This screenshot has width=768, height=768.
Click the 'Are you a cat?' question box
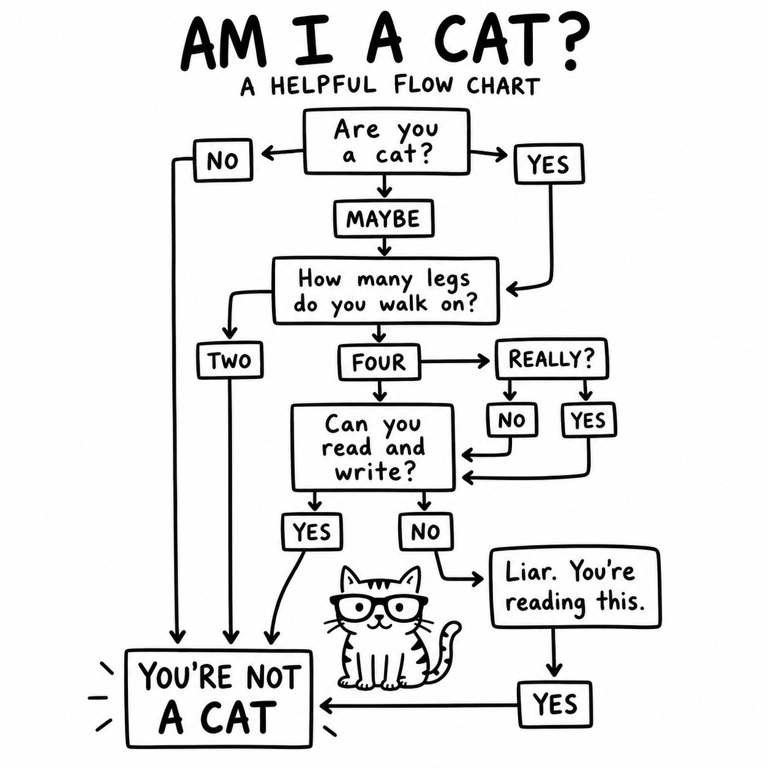pyautogui.click(x=386, y=141)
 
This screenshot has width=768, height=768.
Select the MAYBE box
pyautogui.click(x=383, y=218)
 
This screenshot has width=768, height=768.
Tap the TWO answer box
pyautogui.click(x=230, y=360)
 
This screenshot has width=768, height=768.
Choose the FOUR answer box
pyautogui.click(x=379, y=362)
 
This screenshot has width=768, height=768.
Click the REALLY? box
pyautogui.click(x=552, y=359)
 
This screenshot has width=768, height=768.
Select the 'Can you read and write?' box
pyautogui.click(x=373, y=448)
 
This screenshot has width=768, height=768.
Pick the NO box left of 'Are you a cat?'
pyautogui.click(x=223, y=160)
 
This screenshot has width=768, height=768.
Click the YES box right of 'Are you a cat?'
pyautogui.click(x=549, y=164)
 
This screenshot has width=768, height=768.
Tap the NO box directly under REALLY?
pyautogui.click(x=511, y=420)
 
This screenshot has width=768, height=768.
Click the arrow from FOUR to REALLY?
pyautogui.click(x=455, y=361)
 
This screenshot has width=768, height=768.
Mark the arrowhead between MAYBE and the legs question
pyautogui.click(x=383, y=251)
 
